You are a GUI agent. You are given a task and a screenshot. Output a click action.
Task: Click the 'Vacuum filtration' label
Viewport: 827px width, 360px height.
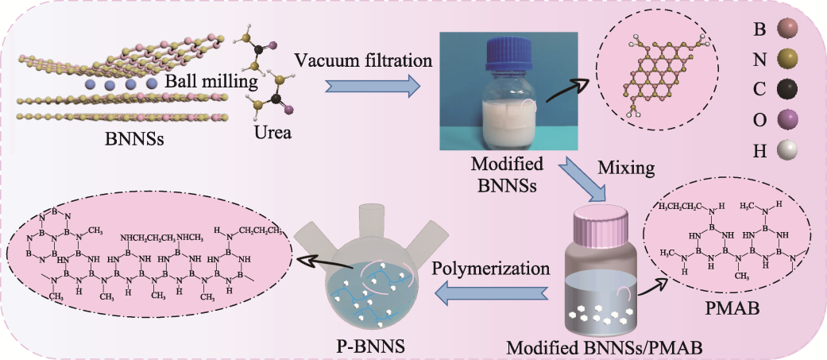coord(363,60)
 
